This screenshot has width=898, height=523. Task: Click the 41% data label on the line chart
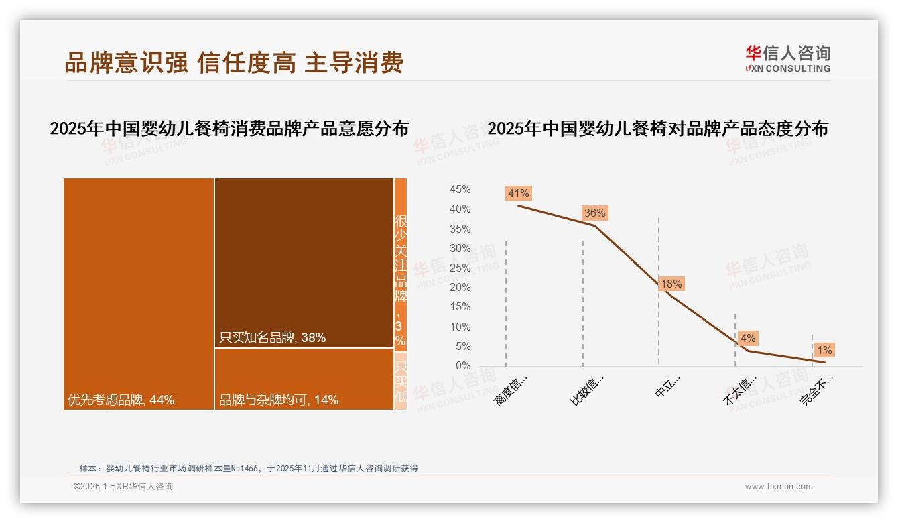click(519, 194)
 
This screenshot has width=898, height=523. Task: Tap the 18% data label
click(671, 284)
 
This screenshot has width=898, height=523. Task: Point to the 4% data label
click(748, 339)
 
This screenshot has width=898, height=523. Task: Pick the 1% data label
click(824, 351)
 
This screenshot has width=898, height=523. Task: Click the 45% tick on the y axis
click(460, 190)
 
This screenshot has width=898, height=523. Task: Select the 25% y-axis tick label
click(460, 268)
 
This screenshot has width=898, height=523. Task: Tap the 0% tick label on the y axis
click(463, 366)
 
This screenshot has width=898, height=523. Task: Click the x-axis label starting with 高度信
click(511, 390)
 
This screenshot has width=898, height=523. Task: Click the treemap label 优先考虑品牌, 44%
click(121, 400)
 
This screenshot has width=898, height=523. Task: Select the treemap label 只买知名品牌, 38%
click(273, 338)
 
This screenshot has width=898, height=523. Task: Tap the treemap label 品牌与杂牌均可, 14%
click(279, 400)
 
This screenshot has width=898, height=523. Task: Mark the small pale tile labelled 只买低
click(401, 381)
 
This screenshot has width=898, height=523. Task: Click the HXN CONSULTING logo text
click(788, 68)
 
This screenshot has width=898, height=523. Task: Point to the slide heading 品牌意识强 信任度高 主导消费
click(234, 63)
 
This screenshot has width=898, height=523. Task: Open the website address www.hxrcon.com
click(779, 487)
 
